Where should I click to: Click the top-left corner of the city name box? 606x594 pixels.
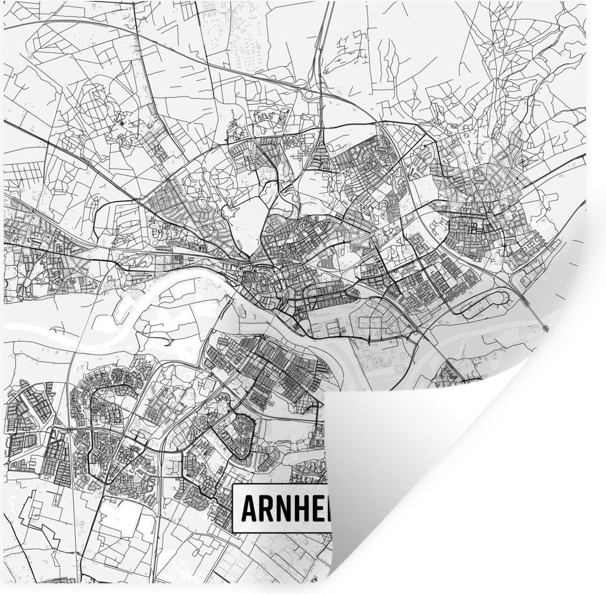tap(234, 485)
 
